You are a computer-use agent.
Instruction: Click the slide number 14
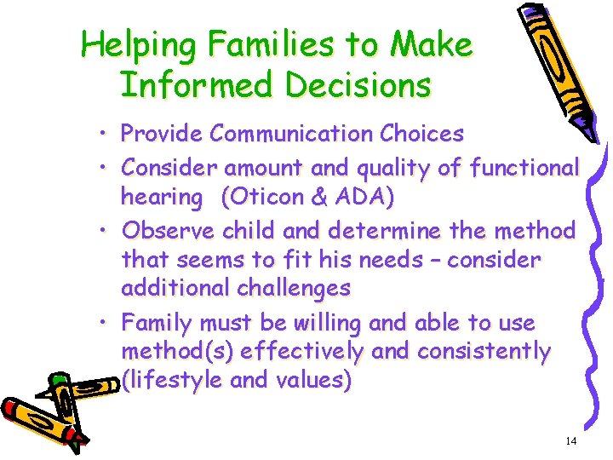(x=570, y=440)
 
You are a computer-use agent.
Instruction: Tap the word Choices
(x=422, y=134)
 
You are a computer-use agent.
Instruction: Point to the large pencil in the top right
(x=558, y=68)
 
